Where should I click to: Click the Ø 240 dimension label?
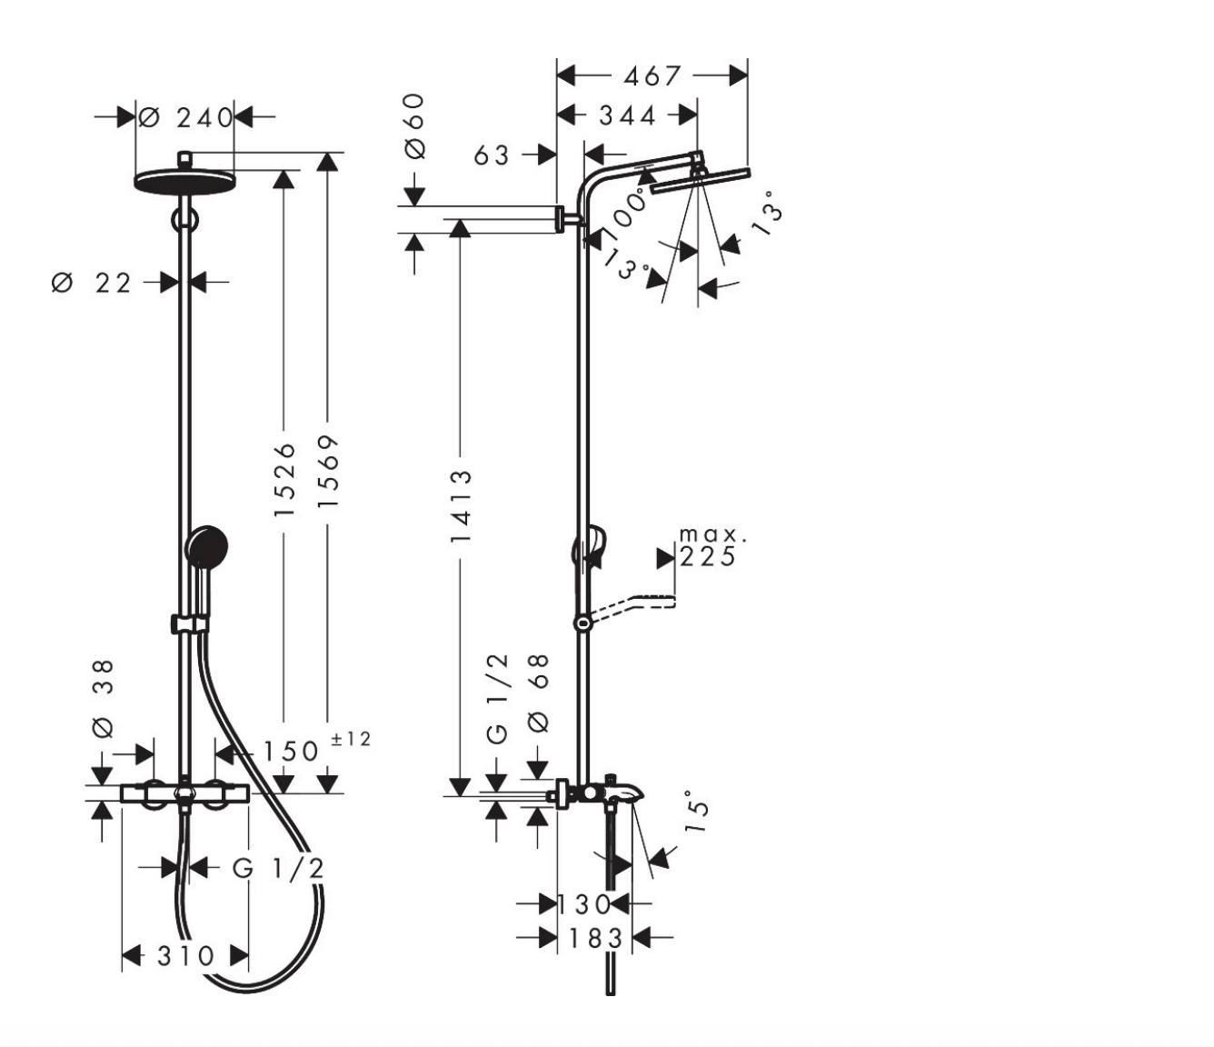tap(185, 118)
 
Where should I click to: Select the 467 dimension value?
tap(652, 75)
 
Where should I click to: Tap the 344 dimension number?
tap(627, 115)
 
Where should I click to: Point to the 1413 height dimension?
tap(461, 505)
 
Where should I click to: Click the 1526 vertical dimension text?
tap(284, 480)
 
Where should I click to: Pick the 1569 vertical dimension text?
tap(328, 472)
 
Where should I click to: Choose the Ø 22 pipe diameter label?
tap(92, 284)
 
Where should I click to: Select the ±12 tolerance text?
tap(352, 739)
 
